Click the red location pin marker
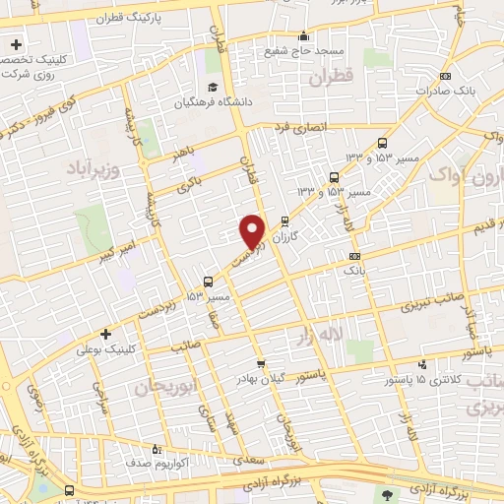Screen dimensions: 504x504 [253, 231]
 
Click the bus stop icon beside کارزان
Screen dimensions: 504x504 [285, 220]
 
